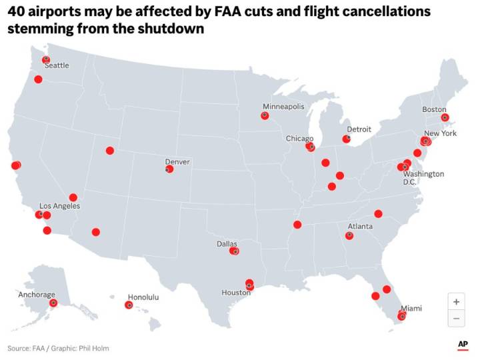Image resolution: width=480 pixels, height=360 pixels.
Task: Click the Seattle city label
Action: point(57,65)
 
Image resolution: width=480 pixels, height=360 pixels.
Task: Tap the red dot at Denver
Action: point(169,169)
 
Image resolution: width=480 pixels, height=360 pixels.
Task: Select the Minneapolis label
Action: point(283,107)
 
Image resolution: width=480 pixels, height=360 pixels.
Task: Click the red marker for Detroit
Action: point(346,139)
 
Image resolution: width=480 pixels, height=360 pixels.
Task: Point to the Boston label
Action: point(434,109)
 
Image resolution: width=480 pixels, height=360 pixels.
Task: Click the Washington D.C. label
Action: point(423,178)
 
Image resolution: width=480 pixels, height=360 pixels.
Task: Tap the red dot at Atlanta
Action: point(349,235)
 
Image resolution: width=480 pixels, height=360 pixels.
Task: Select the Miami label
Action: point(411,308)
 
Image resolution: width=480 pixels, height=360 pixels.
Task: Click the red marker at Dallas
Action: point(234,251)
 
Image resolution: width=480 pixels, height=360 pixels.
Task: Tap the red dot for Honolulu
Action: point(129,305)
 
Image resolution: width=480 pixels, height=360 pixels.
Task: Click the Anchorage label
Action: point(37,295)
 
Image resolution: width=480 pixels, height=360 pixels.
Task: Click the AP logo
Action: point(463,344)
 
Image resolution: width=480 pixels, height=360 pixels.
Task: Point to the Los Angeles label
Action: point(60,206)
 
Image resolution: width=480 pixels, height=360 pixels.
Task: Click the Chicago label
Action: point(299,139)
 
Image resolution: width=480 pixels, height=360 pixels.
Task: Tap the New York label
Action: point(441,133)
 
